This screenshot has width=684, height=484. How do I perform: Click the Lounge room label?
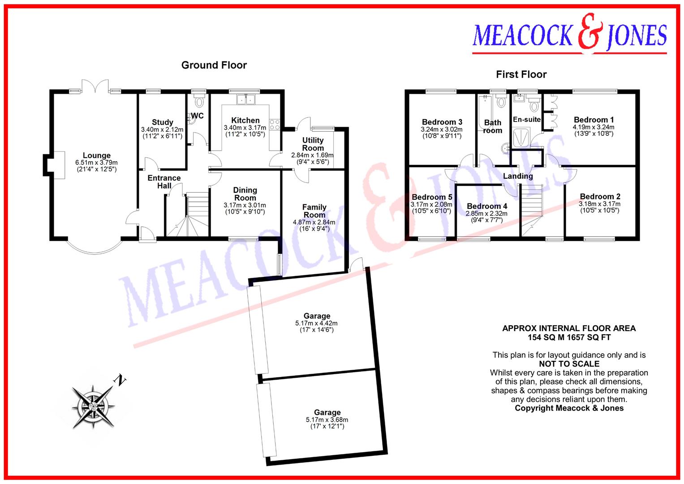96,156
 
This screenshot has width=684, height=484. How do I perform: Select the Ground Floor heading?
214,65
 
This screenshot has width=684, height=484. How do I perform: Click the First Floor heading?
521,74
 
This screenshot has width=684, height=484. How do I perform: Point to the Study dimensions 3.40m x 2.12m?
162,130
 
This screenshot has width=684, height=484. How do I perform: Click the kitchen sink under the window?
245,99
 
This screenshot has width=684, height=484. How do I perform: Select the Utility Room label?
313,144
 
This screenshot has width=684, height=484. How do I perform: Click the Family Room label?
314,211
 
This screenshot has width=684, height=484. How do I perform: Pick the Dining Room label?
245,194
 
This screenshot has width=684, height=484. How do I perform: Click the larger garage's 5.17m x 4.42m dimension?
316,323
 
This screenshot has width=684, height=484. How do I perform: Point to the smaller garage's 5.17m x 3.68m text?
327,420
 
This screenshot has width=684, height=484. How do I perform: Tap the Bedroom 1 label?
594,120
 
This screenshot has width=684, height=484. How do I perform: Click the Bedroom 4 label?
487,207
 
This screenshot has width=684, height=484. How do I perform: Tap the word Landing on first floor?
518,176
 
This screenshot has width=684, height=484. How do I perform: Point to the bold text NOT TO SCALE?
569,364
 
